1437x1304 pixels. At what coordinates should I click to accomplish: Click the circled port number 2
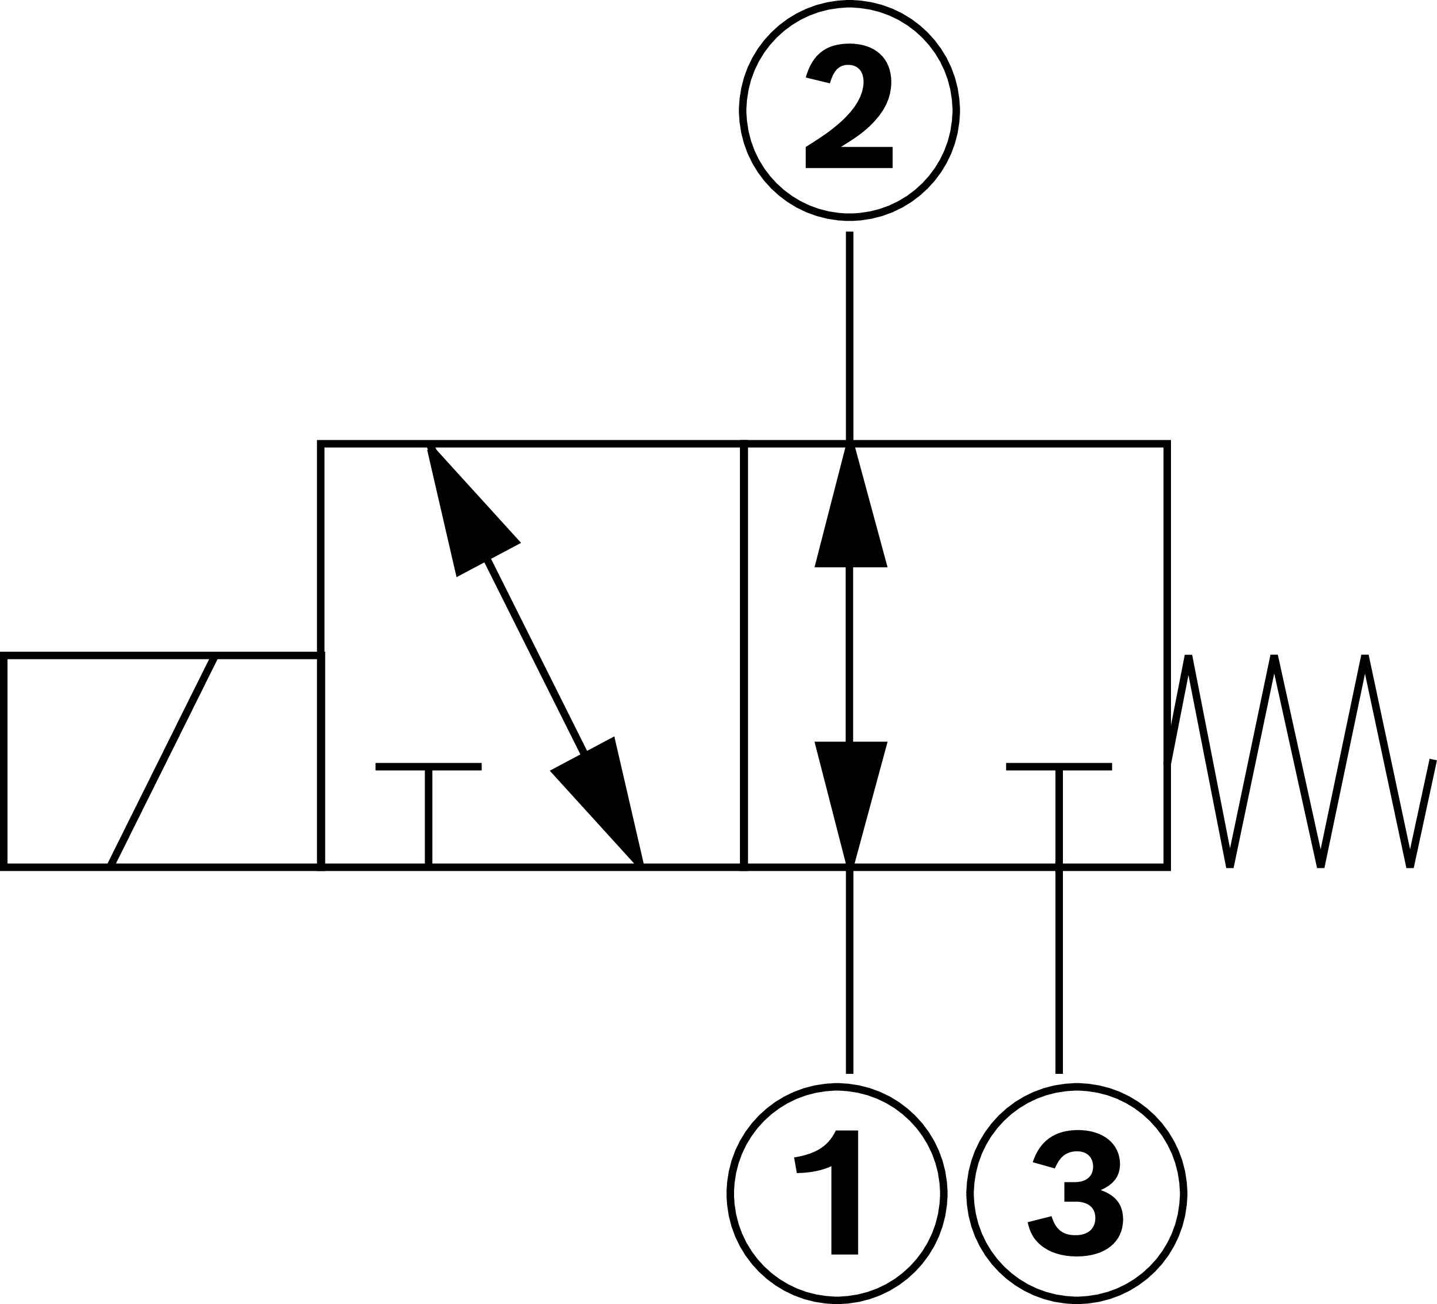(849, 110)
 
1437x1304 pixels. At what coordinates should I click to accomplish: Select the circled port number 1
(837, 1193)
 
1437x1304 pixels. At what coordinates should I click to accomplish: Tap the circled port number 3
(1077, 1193)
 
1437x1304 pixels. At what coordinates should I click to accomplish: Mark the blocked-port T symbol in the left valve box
(428, 798)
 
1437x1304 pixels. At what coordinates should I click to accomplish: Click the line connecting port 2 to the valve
(849, 335)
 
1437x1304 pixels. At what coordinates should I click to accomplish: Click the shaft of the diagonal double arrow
(534, 656)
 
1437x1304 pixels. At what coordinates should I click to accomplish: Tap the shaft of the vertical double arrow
(849, 656)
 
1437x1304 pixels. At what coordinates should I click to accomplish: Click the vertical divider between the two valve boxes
(743, 656)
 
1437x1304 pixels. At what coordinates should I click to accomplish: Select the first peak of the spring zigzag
(1188, 659)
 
